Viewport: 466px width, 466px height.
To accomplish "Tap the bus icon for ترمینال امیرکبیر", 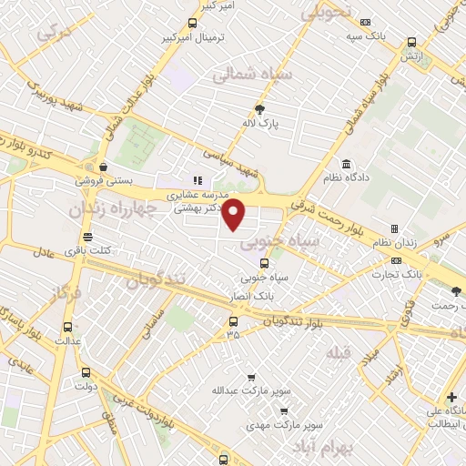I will pyautogui.click(x=191, y=24).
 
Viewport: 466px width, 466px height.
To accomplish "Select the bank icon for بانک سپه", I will pyautogui.click(x=366, y=22).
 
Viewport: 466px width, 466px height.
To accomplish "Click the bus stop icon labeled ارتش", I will pyautogui.click(x=412, y=42).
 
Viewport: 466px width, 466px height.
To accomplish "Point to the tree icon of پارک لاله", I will pyautogui.click(x=260, y=109).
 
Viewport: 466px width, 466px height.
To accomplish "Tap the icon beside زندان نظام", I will pyautogui.click(x=394, y=228).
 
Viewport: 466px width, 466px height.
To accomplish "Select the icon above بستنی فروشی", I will pyautogui.click(x=105, y=167).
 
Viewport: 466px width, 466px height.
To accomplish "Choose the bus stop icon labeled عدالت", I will pyautogui.click(x=67, y=327).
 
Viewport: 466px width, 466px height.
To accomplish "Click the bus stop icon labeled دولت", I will pyautogui.click(x=86, y=372).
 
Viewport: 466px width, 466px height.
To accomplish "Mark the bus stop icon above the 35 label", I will pyautogui.click(x=234, y=321).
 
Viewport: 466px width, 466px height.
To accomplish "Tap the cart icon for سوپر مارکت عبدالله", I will pyautogui.click(x=251, y=378).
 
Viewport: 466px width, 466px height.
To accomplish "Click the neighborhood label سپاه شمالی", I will pyautogui.click(x=252, y=76).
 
